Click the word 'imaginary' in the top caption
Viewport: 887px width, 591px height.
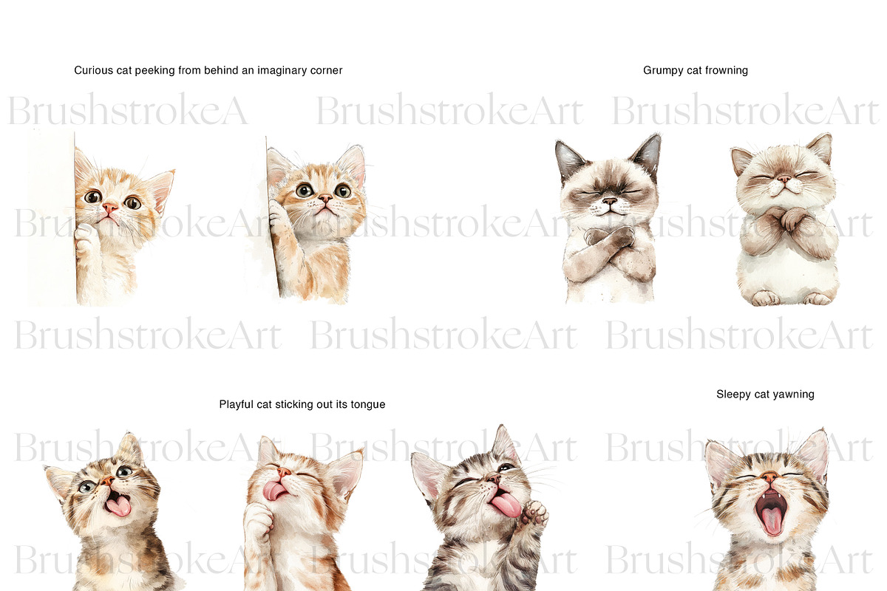pos(282,71)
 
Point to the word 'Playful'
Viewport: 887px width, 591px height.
pos(237,405)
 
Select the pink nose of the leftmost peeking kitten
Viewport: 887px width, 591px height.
pos(109,207)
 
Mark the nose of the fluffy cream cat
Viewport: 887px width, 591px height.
pos(783,179)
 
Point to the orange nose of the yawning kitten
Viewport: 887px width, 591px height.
pos(769,476)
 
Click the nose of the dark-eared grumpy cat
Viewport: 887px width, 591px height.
pos(609,201)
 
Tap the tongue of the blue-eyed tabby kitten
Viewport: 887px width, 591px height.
pos(119,506)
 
